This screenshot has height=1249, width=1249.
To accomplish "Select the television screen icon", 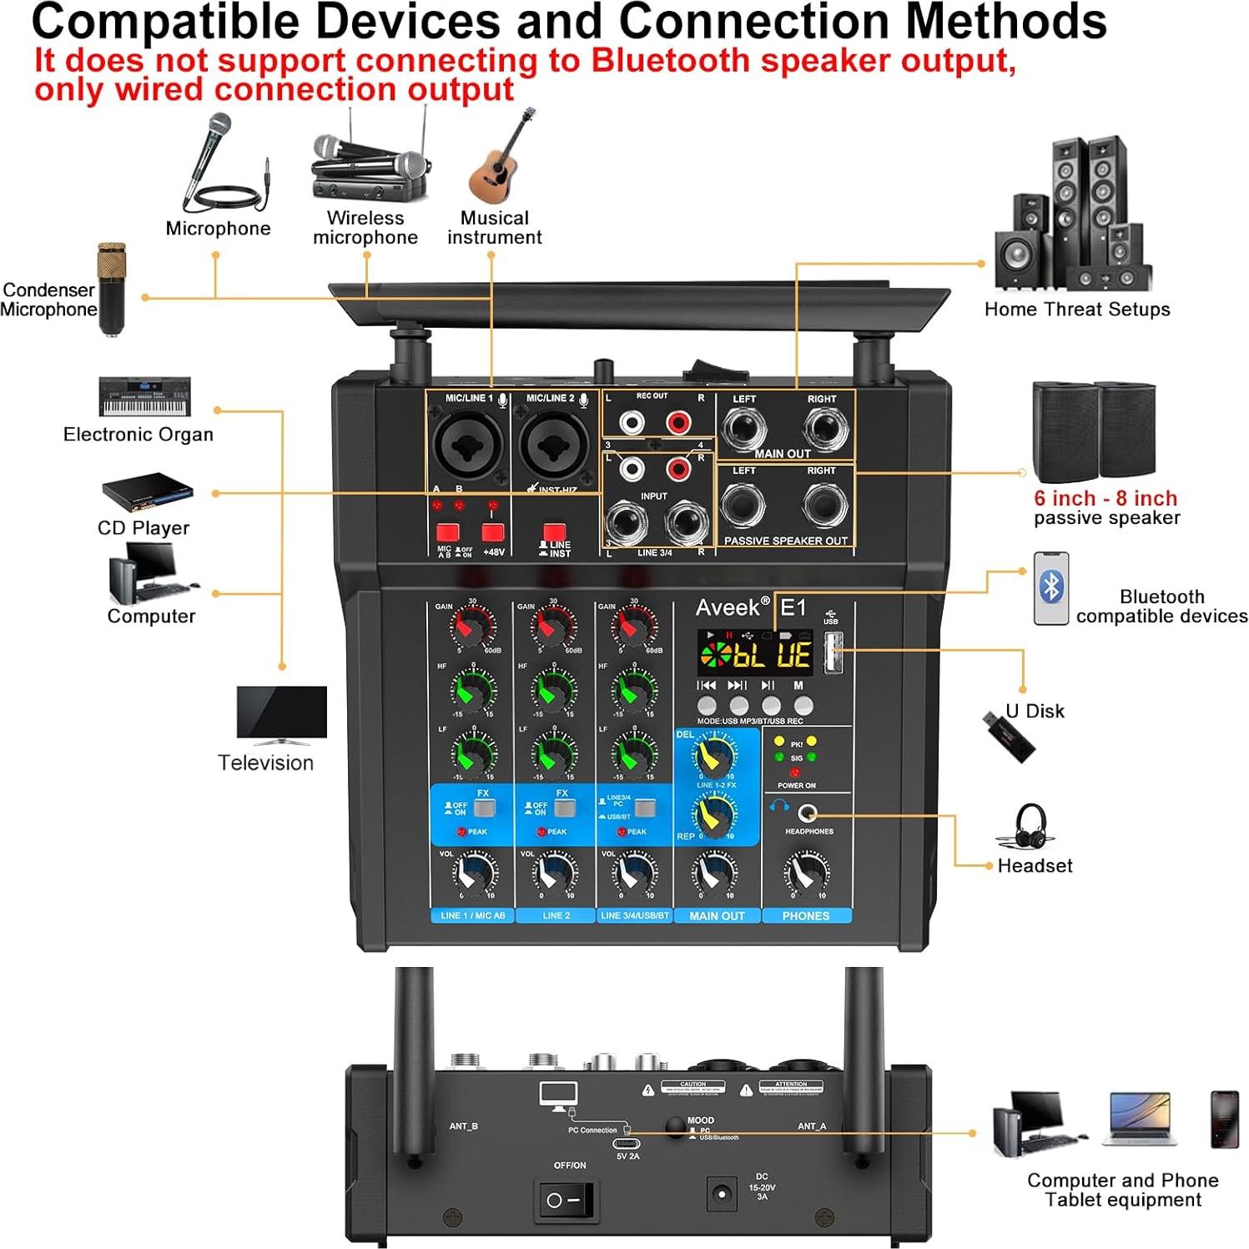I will click(281, 714).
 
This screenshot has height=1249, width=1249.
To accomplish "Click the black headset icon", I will click(1030, 825).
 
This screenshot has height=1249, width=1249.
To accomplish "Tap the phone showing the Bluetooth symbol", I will click(1050, 588).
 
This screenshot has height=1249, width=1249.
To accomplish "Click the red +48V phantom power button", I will click(492, 532).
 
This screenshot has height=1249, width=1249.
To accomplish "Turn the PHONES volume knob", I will click(806, 874).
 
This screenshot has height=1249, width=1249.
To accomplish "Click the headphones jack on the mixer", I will click(807, 813).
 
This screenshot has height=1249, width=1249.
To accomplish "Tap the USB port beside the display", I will click(833, 652).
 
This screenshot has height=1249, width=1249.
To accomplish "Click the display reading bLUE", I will click(755, 654).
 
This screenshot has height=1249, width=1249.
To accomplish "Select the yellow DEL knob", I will click(714, 755).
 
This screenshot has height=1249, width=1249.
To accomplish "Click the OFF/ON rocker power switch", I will click(565, 1201).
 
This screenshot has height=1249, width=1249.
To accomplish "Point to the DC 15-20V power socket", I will click(722, 1194).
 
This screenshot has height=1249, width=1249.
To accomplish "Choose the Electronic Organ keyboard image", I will click(144, 396).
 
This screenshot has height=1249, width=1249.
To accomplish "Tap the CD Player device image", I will click(148, 492).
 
